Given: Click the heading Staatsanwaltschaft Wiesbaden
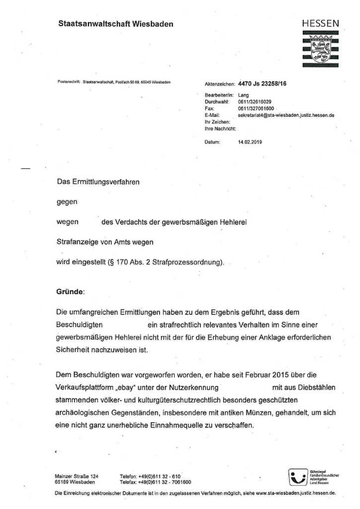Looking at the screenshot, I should click(115, 23).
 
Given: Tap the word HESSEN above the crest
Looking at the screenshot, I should click(321, 23).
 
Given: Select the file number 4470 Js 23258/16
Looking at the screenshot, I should click(263, 84).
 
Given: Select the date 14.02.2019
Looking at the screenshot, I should click(250, 142).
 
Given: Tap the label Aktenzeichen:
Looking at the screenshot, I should click(219, 85).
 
